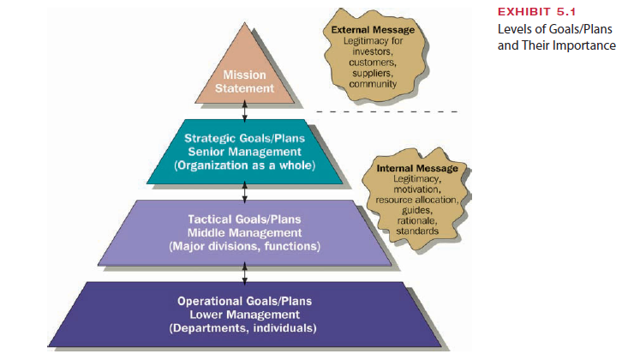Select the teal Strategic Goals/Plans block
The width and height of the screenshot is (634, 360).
coord(245,153)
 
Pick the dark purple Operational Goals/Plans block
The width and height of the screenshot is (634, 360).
coord(245,314)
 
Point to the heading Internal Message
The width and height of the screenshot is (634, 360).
coord(417,168)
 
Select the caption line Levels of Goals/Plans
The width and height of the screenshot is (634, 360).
coord(555,30)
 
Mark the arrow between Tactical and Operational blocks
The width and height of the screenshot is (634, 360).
coord(246,272)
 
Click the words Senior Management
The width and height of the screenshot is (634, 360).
coord(245,153)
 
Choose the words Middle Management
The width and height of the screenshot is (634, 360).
coord(245,232)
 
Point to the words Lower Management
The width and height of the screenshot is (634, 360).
coord(245,315)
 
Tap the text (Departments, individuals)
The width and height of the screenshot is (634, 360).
coord(245,328)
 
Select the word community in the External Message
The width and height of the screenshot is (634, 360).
coord(373,84)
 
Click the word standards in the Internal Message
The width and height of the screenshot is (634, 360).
coord(417,231)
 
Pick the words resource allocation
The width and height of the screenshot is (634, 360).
coord(417,199)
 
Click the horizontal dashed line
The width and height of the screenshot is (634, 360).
coord(390,111)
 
